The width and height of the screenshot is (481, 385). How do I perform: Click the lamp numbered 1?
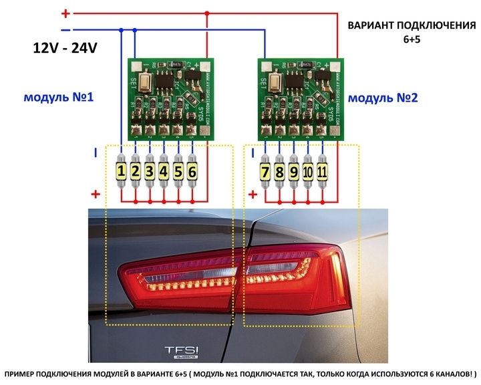(x=121, y=172)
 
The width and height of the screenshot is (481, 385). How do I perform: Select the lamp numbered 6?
(x=192, y=172)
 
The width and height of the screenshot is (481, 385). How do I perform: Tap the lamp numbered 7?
(x=265, y=172)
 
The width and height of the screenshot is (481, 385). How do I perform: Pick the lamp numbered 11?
(x=323, y=172)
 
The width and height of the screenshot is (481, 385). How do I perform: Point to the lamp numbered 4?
(x=164, y=172)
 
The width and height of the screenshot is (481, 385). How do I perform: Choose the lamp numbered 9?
(x=294, y=172)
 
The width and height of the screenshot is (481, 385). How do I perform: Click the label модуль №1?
(x=59, y=98)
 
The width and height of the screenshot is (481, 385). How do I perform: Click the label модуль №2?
(x=383, y=98)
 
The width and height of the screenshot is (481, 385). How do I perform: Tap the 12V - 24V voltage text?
(x=65, y=49)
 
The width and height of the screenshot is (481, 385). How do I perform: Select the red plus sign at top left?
(x=65, y=13)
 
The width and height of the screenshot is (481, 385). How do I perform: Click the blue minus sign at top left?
(x=65, y=30)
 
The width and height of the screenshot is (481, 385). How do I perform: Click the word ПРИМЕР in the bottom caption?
(x=27, y=372)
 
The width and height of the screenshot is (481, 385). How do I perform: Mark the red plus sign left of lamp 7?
(x=253, y=195)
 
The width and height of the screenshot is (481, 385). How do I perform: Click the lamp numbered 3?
(x=150, y=172)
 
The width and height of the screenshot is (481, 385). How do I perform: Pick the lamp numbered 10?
(x=309, y=172)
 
